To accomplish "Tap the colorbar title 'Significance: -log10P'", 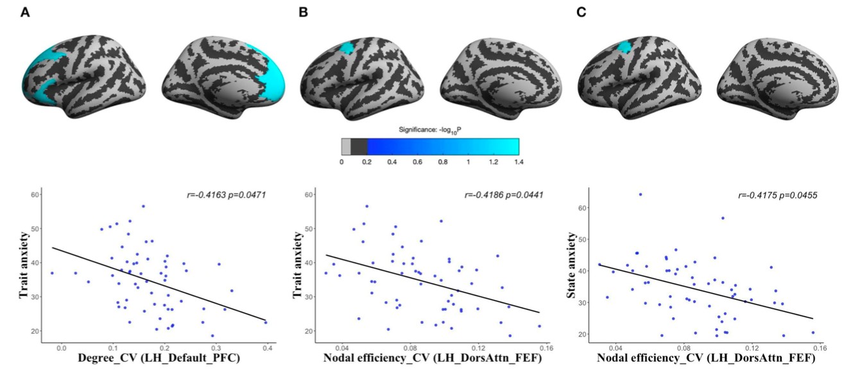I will pos(429,131).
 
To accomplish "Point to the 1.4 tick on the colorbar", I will pos(518,163).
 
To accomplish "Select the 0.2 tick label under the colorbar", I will pos(367,163).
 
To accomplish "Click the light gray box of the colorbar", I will pos(346,147).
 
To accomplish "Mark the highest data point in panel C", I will pos(640,194).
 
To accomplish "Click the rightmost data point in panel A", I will pos(266,322).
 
